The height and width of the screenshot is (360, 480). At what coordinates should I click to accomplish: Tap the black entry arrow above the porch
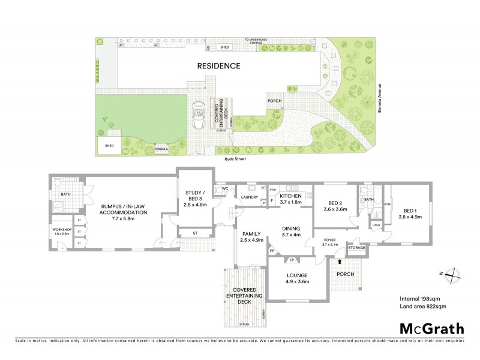click(340, 262)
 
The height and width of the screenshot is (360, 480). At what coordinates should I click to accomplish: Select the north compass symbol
click(454, 274)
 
